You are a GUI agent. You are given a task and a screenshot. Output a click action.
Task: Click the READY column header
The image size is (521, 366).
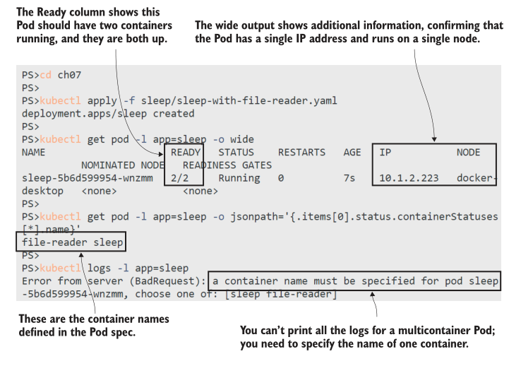coord(186,153)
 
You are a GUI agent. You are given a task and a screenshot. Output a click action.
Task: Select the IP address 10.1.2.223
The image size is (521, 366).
coord(408,178)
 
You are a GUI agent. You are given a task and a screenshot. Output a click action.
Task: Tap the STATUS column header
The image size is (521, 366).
coord(236,153)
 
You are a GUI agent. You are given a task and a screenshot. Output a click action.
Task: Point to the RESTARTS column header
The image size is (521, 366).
coord(301,153)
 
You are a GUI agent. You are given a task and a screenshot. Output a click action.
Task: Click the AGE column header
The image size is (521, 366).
coord(352,153)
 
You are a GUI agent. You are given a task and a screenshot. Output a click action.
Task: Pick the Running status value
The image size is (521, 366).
coord(239,178)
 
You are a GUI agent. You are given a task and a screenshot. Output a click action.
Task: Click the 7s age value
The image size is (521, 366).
coord(349,178)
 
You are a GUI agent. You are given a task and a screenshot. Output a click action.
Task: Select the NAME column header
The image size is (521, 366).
coord(33,153)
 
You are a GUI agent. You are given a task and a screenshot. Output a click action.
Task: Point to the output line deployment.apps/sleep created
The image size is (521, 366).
coord(108,114)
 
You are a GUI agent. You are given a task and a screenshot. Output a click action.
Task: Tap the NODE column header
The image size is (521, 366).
coord(468,153)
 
